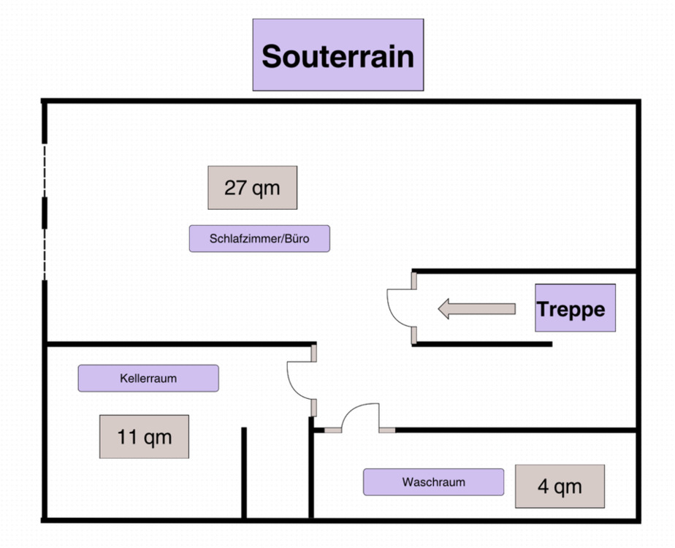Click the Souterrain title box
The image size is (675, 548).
(337, 56)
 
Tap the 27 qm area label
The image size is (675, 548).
(252, 188)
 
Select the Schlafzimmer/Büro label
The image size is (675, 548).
(259, 239)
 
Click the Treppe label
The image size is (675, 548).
(575, 308)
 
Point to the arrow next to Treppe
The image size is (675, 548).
(476, 308)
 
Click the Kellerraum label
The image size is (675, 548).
(148, 378)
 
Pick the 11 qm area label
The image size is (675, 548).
(144, 437)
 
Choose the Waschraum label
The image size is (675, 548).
(433, 482)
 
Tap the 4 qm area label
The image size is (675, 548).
(560, 487)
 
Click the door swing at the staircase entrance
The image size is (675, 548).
(400, 308)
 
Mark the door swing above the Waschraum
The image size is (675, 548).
(360, 417)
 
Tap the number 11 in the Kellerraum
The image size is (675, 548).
(128, 437)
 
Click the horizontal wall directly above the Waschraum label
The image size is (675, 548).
(511, 430)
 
